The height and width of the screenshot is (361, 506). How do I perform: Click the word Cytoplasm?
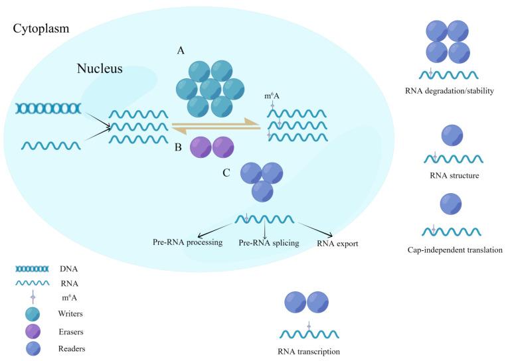click(41, 30)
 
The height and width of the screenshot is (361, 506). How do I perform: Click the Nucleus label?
click(100, 68)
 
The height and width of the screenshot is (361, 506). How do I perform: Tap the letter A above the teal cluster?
click(181, 50)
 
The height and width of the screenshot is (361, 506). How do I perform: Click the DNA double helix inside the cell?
click(48, 108)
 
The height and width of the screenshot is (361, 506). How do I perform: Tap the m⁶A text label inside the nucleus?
click(272, 97)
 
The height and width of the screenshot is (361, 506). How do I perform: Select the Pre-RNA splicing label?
click(269, 244)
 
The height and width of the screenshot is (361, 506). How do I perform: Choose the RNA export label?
click(337, 244)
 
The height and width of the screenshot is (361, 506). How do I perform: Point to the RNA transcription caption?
click(309, 352)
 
